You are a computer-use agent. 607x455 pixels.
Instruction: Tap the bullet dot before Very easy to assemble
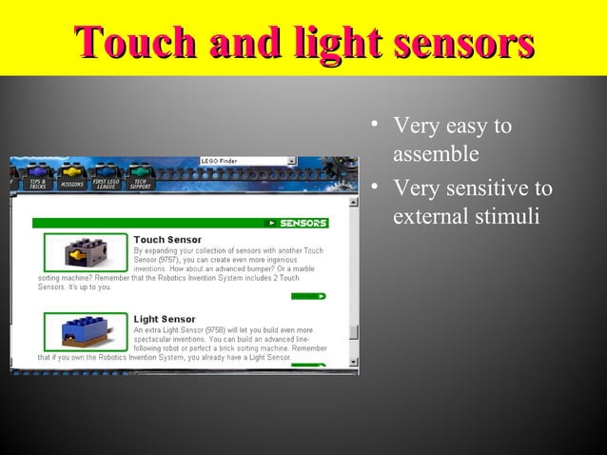point(377,124)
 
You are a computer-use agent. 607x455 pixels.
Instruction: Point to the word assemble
point(436,153)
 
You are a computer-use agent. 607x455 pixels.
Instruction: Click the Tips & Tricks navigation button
point(37,183)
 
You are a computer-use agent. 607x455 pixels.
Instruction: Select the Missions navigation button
point(71,183)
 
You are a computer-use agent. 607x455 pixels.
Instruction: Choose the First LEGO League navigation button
point(106,183)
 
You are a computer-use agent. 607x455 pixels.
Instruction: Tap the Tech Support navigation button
point(140,183)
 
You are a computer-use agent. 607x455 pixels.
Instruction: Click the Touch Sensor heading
point(167,239)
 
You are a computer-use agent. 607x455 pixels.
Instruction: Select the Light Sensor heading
point(165,319)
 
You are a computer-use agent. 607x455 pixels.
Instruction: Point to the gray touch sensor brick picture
point(85,253)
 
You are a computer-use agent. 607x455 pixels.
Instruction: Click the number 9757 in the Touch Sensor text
point(172,260)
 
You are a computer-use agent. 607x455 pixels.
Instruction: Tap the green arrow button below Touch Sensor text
point(309,296)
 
